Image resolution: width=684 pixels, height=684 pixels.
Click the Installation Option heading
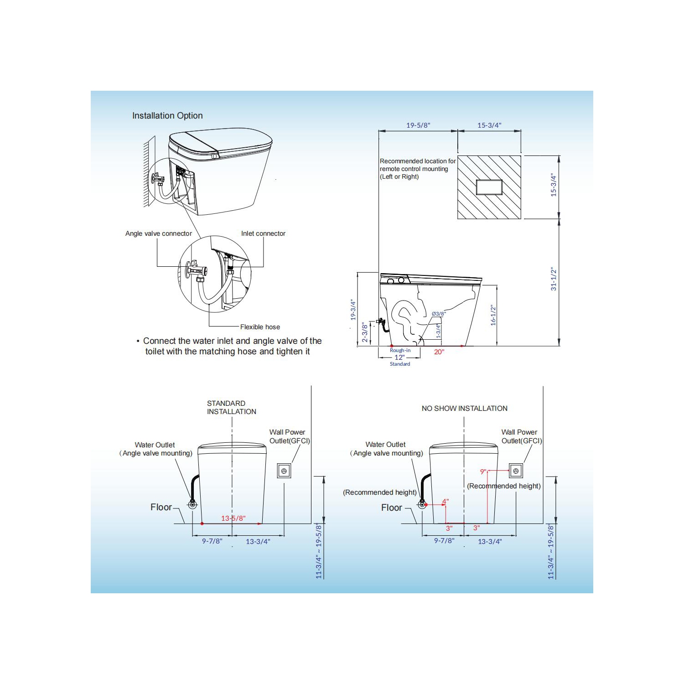click(x=167, y=116)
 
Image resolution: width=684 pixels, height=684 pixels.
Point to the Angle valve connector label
click(x=158, y=233)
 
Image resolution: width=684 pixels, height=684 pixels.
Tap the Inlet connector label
click(x=263, y=233)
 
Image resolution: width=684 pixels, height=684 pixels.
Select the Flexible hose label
click(x=260, y=327)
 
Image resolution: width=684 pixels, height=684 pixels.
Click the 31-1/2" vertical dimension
click(x=554, y=279)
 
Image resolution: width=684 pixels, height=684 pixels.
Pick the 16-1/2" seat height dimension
click(x=493, y=315)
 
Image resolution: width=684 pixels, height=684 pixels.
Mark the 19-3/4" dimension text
click(x=352, y=310)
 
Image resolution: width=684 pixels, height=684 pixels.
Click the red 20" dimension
click(x=439, y=352)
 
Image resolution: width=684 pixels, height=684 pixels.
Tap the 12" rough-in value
click(x=399, y=358)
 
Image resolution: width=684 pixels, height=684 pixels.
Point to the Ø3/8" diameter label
click(x=438, y=314)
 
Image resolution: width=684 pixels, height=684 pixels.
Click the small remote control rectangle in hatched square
click(x=489, y=187)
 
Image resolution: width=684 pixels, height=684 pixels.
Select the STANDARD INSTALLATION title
click(x=231, y=407)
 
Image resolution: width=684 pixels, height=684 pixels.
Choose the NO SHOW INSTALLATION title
click(x=464, y=409)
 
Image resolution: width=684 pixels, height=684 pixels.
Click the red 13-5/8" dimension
click(x=233, y=518)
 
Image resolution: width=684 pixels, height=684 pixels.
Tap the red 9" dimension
click(x=483, y=472)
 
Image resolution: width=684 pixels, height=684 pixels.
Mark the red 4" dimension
click(x=445, y=502)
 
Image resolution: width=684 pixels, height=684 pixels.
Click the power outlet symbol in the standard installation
click(x=284, y=471)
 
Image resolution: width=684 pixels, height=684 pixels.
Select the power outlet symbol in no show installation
click(x=516, y=471)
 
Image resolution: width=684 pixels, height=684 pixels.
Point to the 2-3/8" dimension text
click(x=364, y=332)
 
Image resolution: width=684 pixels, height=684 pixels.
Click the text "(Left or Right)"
click(x=399, y=177)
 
